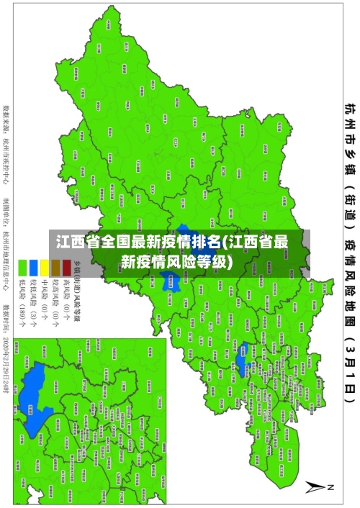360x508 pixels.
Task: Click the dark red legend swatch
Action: pyautogui.click(x=67, y=245)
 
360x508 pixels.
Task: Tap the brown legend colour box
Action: pyautogui.click(x=55, y=245)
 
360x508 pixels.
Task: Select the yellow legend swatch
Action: pyautogui.click(x=44, y=245)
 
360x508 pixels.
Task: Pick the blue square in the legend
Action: pyautogui.click(x=33, y=245)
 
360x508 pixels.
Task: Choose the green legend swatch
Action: pyautogui.click(x=22, y=245)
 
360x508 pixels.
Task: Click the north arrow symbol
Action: pyautogui.click(x=316, y=487)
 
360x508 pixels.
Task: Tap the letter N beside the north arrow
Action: pyautogui.click(x=332, y=487)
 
